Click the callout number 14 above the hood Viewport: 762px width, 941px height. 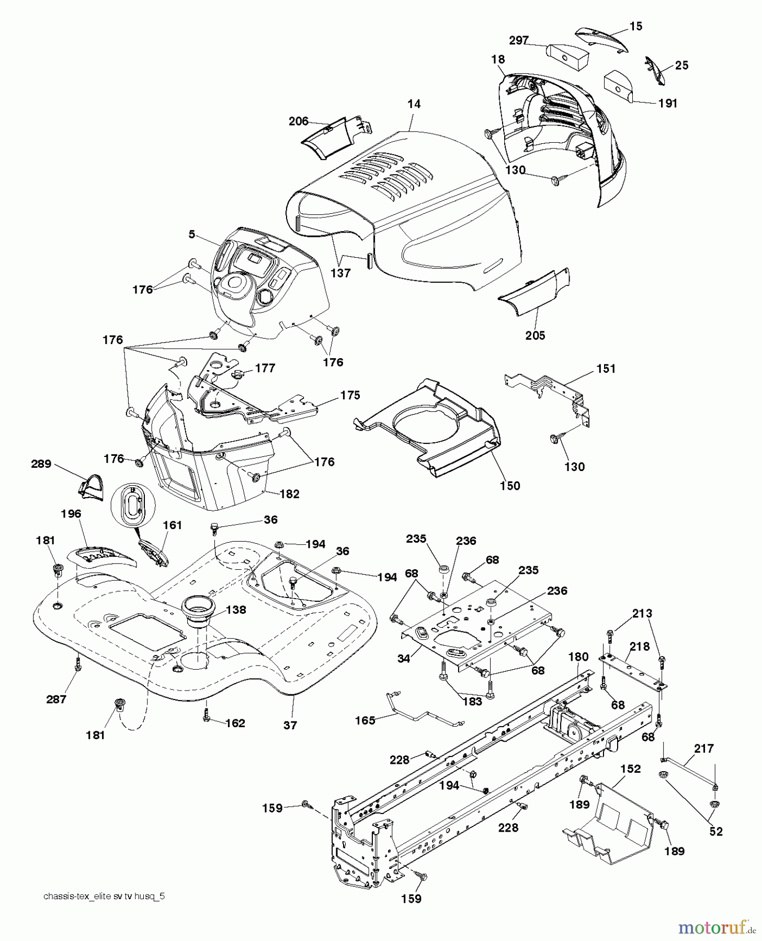414,104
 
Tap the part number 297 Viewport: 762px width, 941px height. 519,40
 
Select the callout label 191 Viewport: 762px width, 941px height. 668,103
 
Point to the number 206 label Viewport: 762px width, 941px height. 299,121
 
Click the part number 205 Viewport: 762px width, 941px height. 535,335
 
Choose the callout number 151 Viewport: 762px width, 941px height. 606,369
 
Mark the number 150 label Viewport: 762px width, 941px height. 510,486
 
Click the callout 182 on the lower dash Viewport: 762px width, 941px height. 290,494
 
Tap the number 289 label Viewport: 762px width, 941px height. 41,463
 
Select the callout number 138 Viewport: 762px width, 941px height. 236,610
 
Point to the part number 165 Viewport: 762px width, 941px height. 365,720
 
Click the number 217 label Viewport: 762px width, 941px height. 704,749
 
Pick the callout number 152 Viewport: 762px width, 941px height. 631,769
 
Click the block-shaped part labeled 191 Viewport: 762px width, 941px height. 618,87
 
